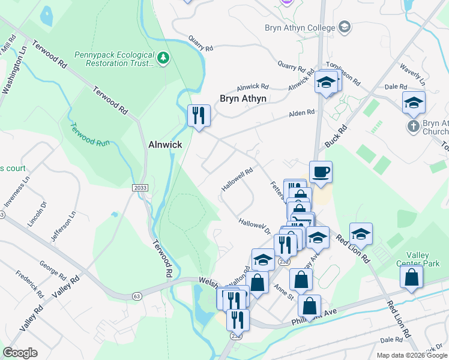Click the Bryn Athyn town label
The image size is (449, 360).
coord(243,98)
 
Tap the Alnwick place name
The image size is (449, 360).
coord(165,145)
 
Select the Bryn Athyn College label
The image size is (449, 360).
coord(300,28)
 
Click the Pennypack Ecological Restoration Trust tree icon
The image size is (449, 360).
coord(163,58)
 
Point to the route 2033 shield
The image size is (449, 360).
coord(139,188)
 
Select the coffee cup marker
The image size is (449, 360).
coord(321,172)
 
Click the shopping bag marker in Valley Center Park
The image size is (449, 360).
coord(411,277)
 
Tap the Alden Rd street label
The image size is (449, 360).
coord(301,113)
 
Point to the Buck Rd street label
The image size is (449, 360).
coord(337,136)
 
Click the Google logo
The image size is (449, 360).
coord(20,353)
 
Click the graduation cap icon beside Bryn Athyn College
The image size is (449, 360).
coord(345,27)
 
